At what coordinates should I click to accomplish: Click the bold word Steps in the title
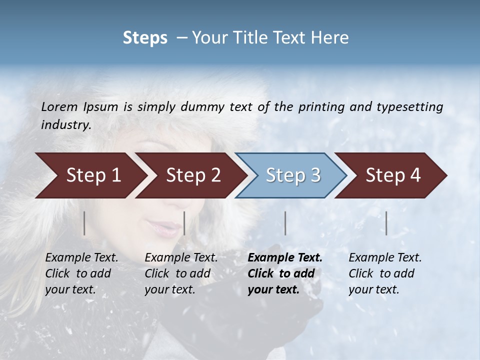[145, 38]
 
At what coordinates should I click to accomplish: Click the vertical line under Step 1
[84, 223]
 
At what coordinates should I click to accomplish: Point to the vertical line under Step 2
[184, 223]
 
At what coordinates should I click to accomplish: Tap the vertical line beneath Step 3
[285, 223]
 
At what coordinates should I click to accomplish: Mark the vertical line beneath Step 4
[386, 223]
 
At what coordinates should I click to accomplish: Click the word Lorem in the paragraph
[59, 107]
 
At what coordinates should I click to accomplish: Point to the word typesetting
[409, 107]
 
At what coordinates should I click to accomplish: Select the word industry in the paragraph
[65, 125]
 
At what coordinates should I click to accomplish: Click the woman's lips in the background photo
[165, 228]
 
